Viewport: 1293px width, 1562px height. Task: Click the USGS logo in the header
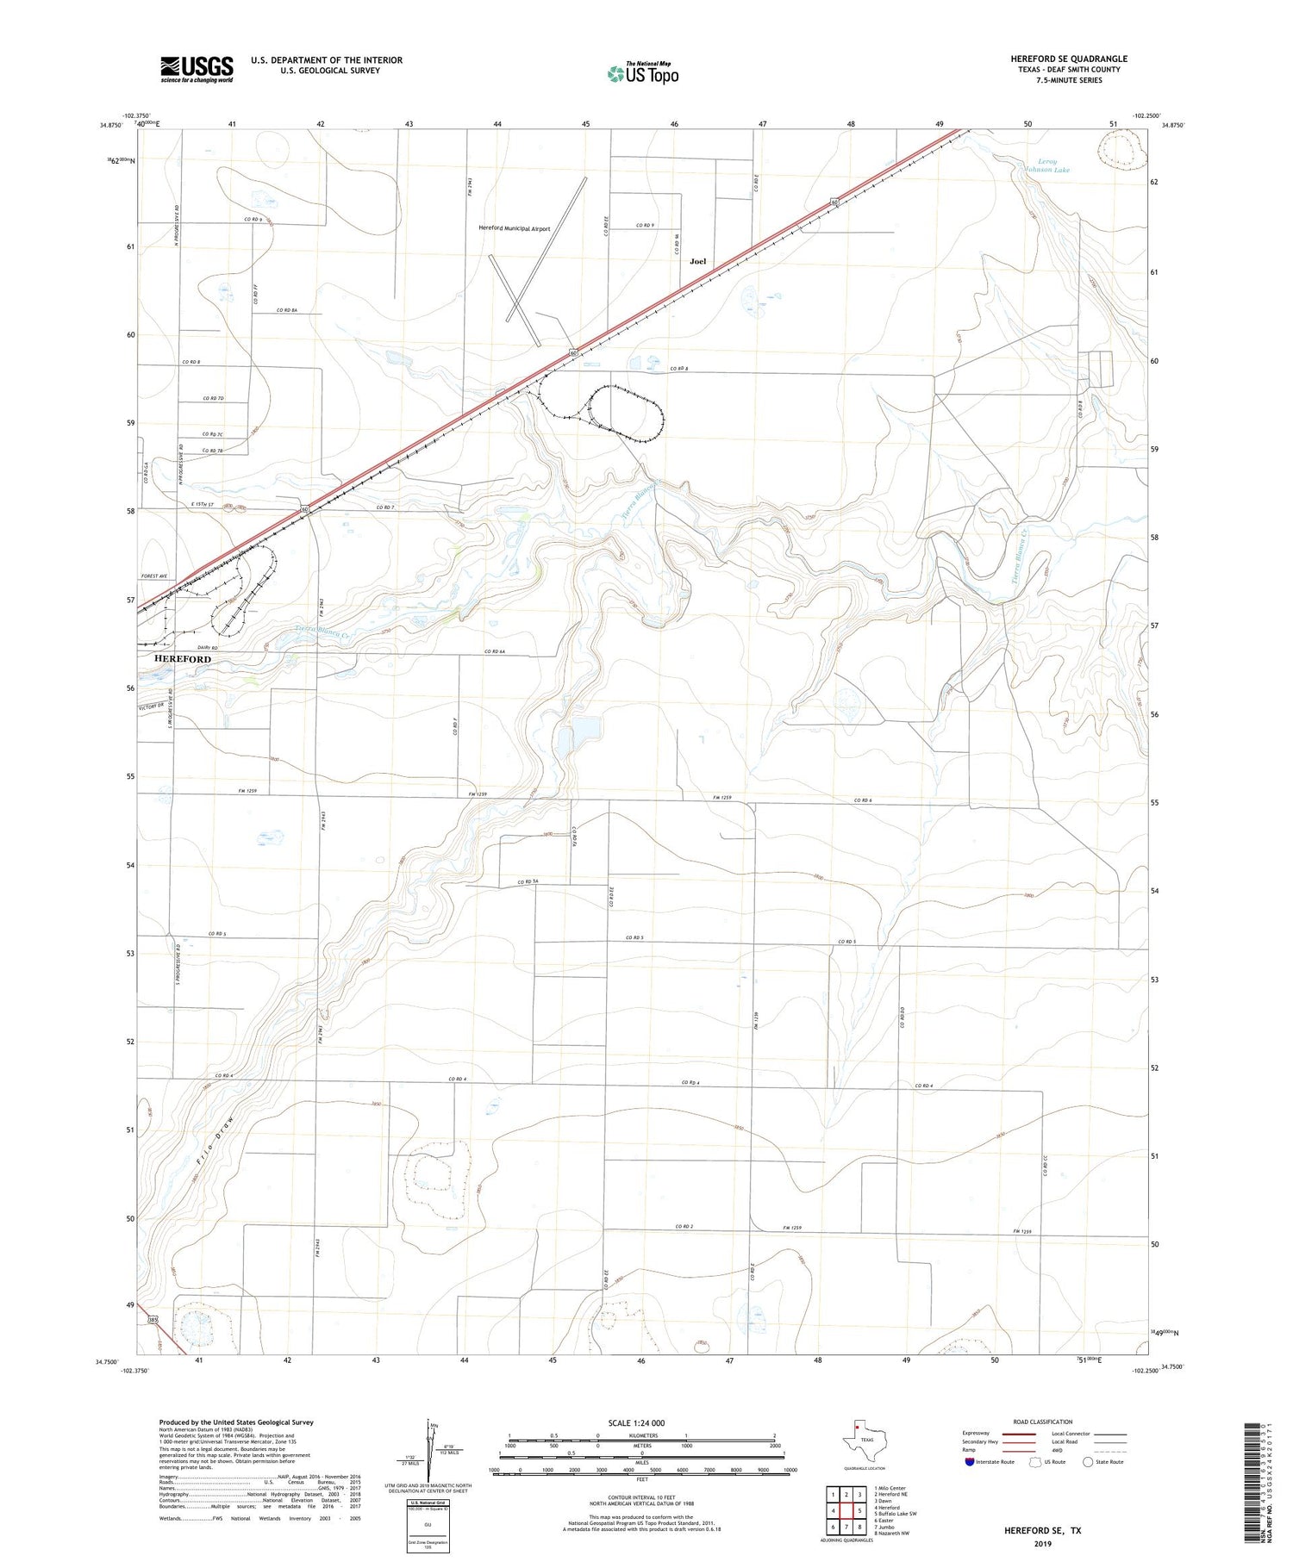click(x=196, y=69)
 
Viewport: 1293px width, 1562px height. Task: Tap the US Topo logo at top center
click(x=642, y=73)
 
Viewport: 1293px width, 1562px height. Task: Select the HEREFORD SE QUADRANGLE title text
click(x=1069, y=59)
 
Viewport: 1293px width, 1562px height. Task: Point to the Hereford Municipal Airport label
click(x=515, y=228)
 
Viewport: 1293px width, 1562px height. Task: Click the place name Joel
click(x=697, y=261)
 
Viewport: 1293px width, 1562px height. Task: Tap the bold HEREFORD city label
click(x=182, y=658)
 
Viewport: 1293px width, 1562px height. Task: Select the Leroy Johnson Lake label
click(x=1053, y=165)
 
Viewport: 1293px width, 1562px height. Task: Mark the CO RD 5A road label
click(x=528, y=881)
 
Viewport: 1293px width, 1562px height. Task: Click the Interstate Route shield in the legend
click(x=969, y=1462)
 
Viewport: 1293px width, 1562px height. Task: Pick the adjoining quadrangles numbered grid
click(x=846, y=1503)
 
